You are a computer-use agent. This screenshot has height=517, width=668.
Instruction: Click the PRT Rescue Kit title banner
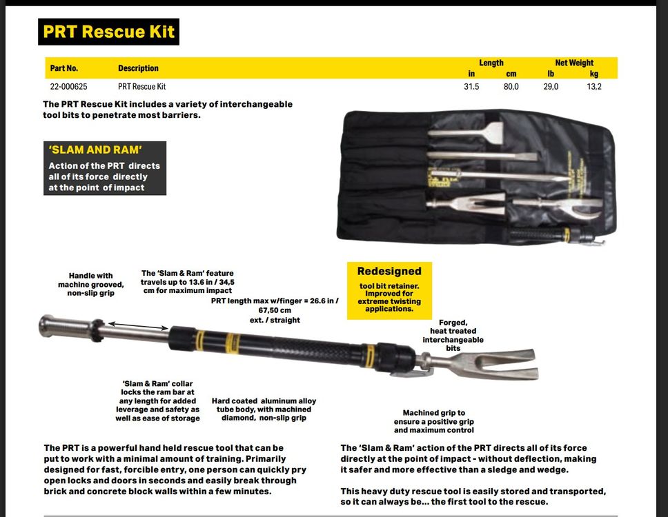click(108, 32)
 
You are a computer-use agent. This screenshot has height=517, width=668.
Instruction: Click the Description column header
click(138, 68)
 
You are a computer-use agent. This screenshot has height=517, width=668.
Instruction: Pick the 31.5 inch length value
click(471, 87)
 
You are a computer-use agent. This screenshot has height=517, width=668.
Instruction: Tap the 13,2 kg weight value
click(594, 87)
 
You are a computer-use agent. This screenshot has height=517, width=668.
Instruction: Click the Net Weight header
click(573, 63)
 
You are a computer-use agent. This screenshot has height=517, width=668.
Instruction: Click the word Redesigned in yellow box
click(389, 272)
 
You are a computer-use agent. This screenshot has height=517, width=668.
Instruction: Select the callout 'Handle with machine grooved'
click(90, 284)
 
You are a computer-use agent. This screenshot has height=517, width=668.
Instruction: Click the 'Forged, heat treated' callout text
click(453, 335)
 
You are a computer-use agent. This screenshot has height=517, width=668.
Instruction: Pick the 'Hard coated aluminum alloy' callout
click(264, 409)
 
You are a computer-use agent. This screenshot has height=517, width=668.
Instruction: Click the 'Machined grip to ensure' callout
click(434, 421)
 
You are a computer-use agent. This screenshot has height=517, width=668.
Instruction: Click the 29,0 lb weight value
click(551, 87)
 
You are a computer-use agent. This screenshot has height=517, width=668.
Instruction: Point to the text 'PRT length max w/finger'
click(275, 301)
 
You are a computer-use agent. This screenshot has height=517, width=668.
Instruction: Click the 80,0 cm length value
click(511, 87)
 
